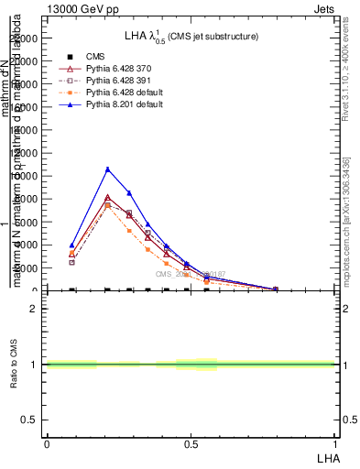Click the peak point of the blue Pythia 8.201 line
pos(107,169)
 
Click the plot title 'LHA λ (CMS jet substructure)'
pos(191,37)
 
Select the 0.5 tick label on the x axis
pos(190,443)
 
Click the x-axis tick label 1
pos(334,443)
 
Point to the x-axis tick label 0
pos(46,443)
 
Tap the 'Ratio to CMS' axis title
pos(14,365)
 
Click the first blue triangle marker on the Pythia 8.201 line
pos(71,245)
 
